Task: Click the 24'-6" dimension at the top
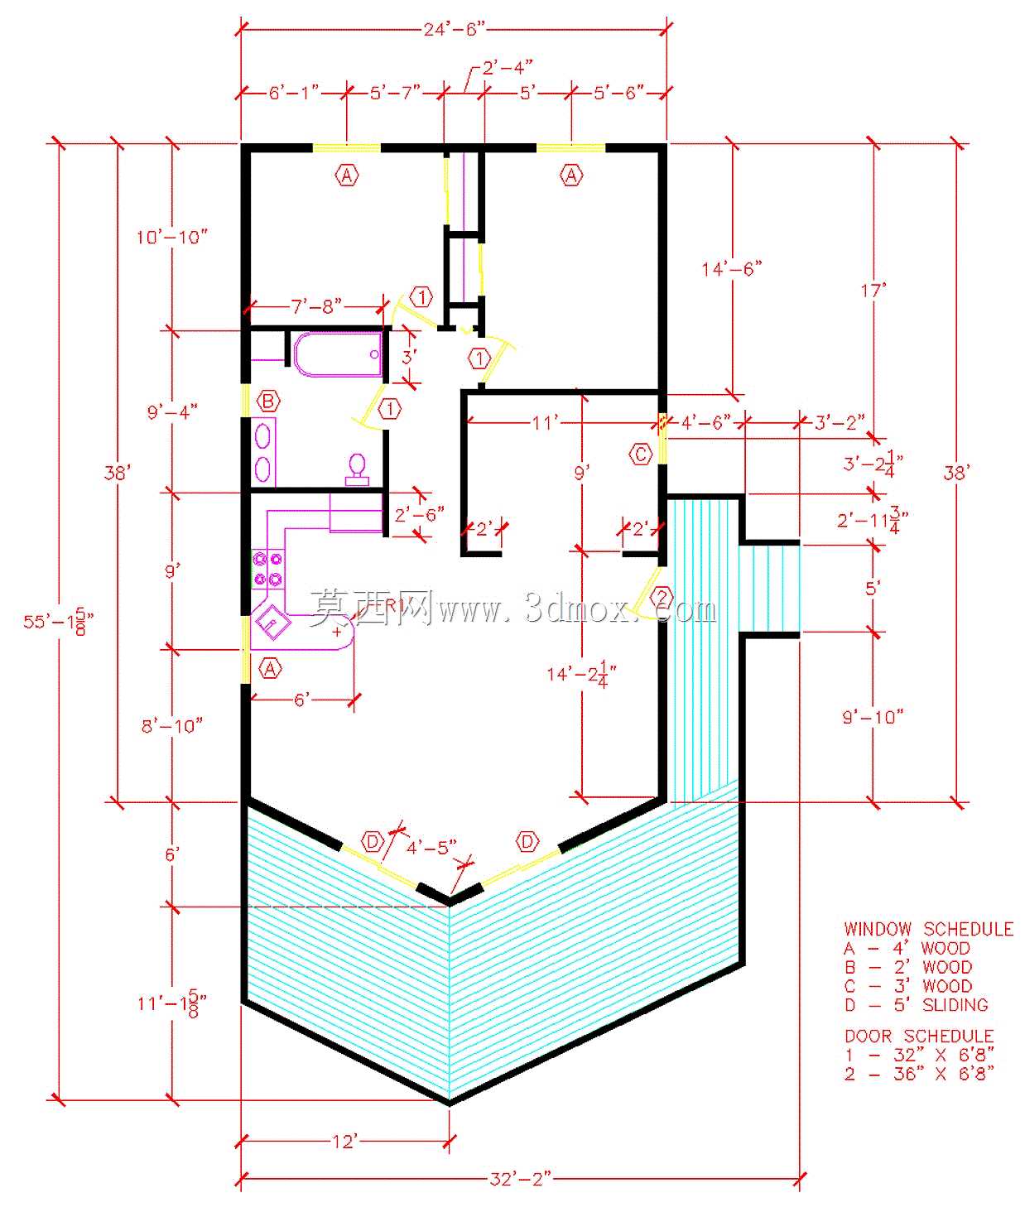tap(455, 28)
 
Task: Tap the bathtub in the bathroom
tap(338, 354)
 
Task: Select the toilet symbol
tap(357, 469)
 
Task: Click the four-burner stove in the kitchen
tap(267, 570)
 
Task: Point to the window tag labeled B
tap(268, 401)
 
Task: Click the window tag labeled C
tap(641, 454)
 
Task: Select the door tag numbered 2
tap(662, 596)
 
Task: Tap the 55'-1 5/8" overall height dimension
tap(58, 621)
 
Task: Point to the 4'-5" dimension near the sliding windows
tap(431, 847)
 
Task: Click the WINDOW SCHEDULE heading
tap(929, 929)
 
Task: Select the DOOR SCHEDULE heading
tap(920, 1037)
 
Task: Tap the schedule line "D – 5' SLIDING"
tap(917, 1005)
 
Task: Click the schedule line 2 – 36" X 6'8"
tap(920, 1073)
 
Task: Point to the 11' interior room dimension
tap(545, 422)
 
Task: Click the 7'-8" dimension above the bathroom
tap(316, 305)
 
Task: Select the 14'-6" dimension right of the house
tap(732, 269)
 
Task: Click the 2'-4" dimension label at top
tap(508, 68)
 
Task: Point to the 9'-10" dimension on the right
tap(873, 717)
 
